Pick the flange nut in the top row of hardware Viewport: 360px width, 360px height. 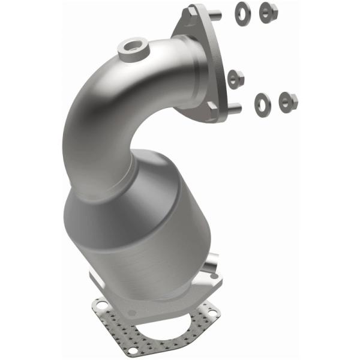click(268, 10)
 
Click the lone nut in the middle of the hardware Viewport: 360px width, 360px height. click(235, 78)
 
